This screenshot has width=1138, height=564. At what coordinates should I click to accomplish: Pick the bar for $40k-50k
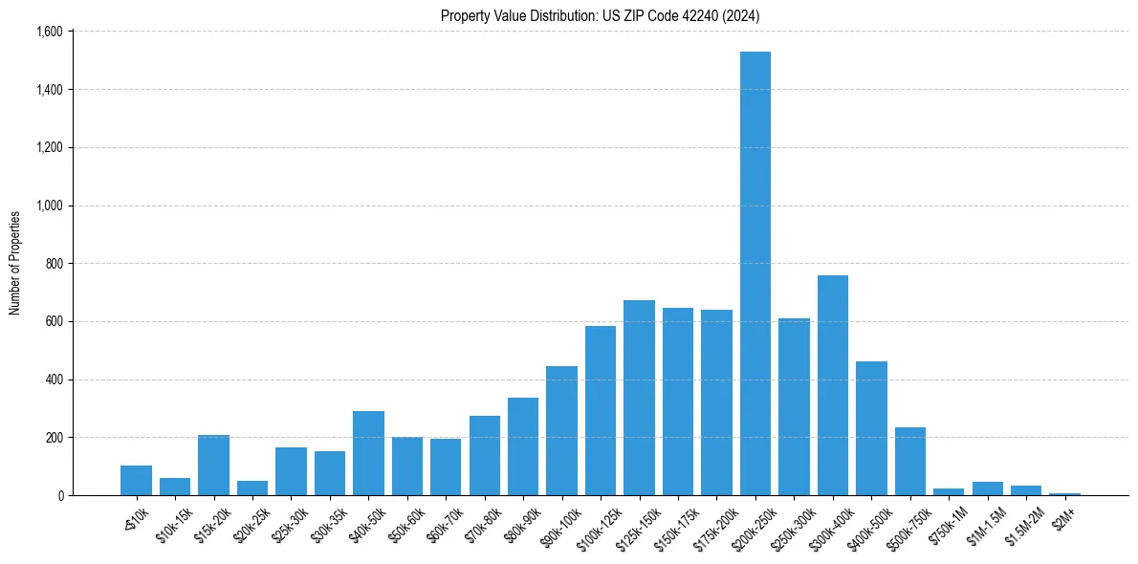point(368,453)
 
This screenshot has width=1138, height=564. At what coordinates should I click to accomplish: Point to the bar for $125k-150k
point(639,398)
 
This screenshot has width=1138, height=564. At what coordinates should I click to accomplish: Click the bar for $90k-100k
point(561,431)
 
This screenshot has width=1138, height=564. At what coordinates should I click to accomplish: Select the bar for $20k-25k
point(252,488)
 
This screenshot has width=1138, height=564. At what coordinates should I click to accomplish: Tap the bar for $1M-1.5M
point(988,488)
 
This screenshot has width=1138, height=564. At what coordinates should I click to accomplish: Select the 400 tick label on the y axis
point(54,380)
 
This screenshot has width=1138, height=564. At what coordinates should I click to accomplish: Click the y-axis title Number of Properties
point(15,263)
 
